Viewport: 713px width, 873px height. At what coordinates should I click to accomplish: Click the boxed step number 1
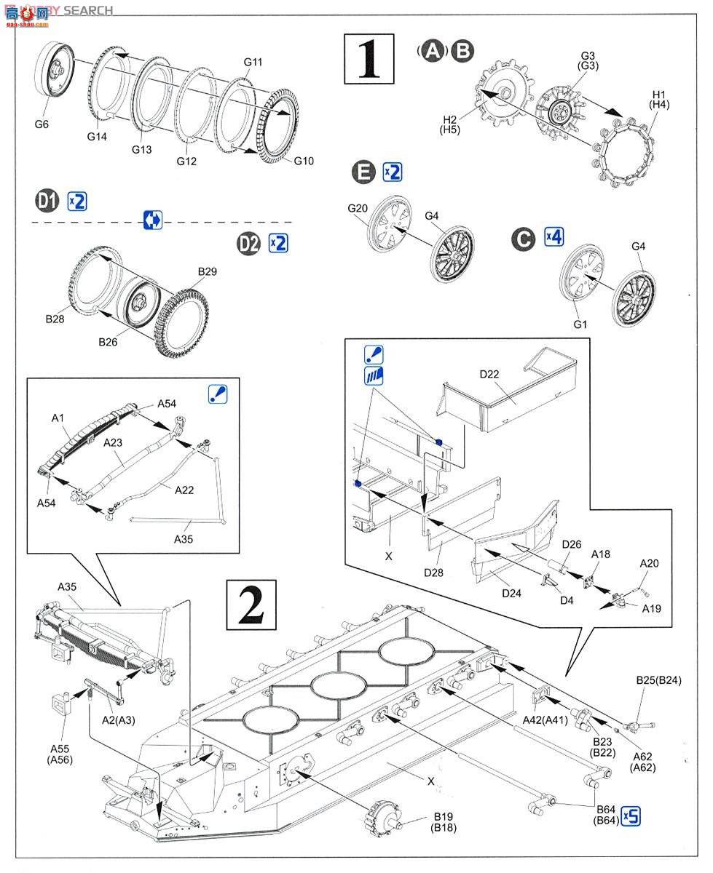click(x=369, y=59)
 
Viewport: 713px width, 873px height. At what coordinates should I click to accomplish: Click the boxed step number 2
click(x=251, y=604)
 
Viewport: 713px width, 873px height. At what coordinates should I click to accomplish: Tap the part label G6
click(x=42, y=124)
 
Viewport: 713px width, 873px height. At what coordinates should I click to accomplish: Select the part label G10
click(x=304, y=161)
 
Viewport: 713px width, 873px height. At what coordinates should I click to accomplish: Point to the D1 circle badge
click(x=47, y=201)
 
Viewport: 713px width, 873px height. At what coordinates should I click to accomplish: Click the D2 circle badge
click(x=249, y=243)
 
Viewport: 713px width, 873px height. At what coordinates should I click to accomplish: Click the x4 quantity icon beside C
click(x=554, y=237)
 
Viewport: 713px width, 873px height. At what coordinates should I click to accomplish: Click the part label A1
click(x=58, y=418)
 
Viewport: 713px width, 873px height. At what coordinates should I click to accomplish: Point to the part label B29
click(x=208, y=271)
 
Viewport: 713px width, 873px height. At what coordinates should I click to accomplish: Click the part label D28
click(x=433, y=572)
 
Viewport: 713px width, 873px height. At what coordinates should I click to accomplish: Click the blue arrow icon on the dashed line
click(x=153, y=220)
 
